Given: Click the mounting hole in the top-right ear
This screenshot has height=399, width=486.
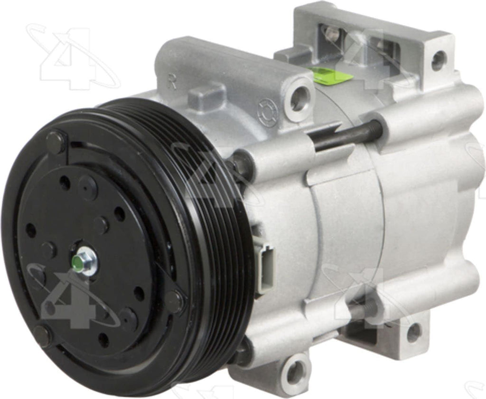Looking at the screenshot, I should (438, 60).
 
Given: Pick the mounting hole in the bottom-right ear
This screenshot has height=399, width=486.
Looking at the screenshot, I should (413, 332).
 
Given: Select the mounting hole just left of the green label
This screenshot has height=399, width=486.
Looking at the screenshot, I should (300, 98).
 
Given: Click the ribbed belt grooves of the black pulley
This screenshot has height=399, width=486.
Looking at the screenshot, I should (223, 237).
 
